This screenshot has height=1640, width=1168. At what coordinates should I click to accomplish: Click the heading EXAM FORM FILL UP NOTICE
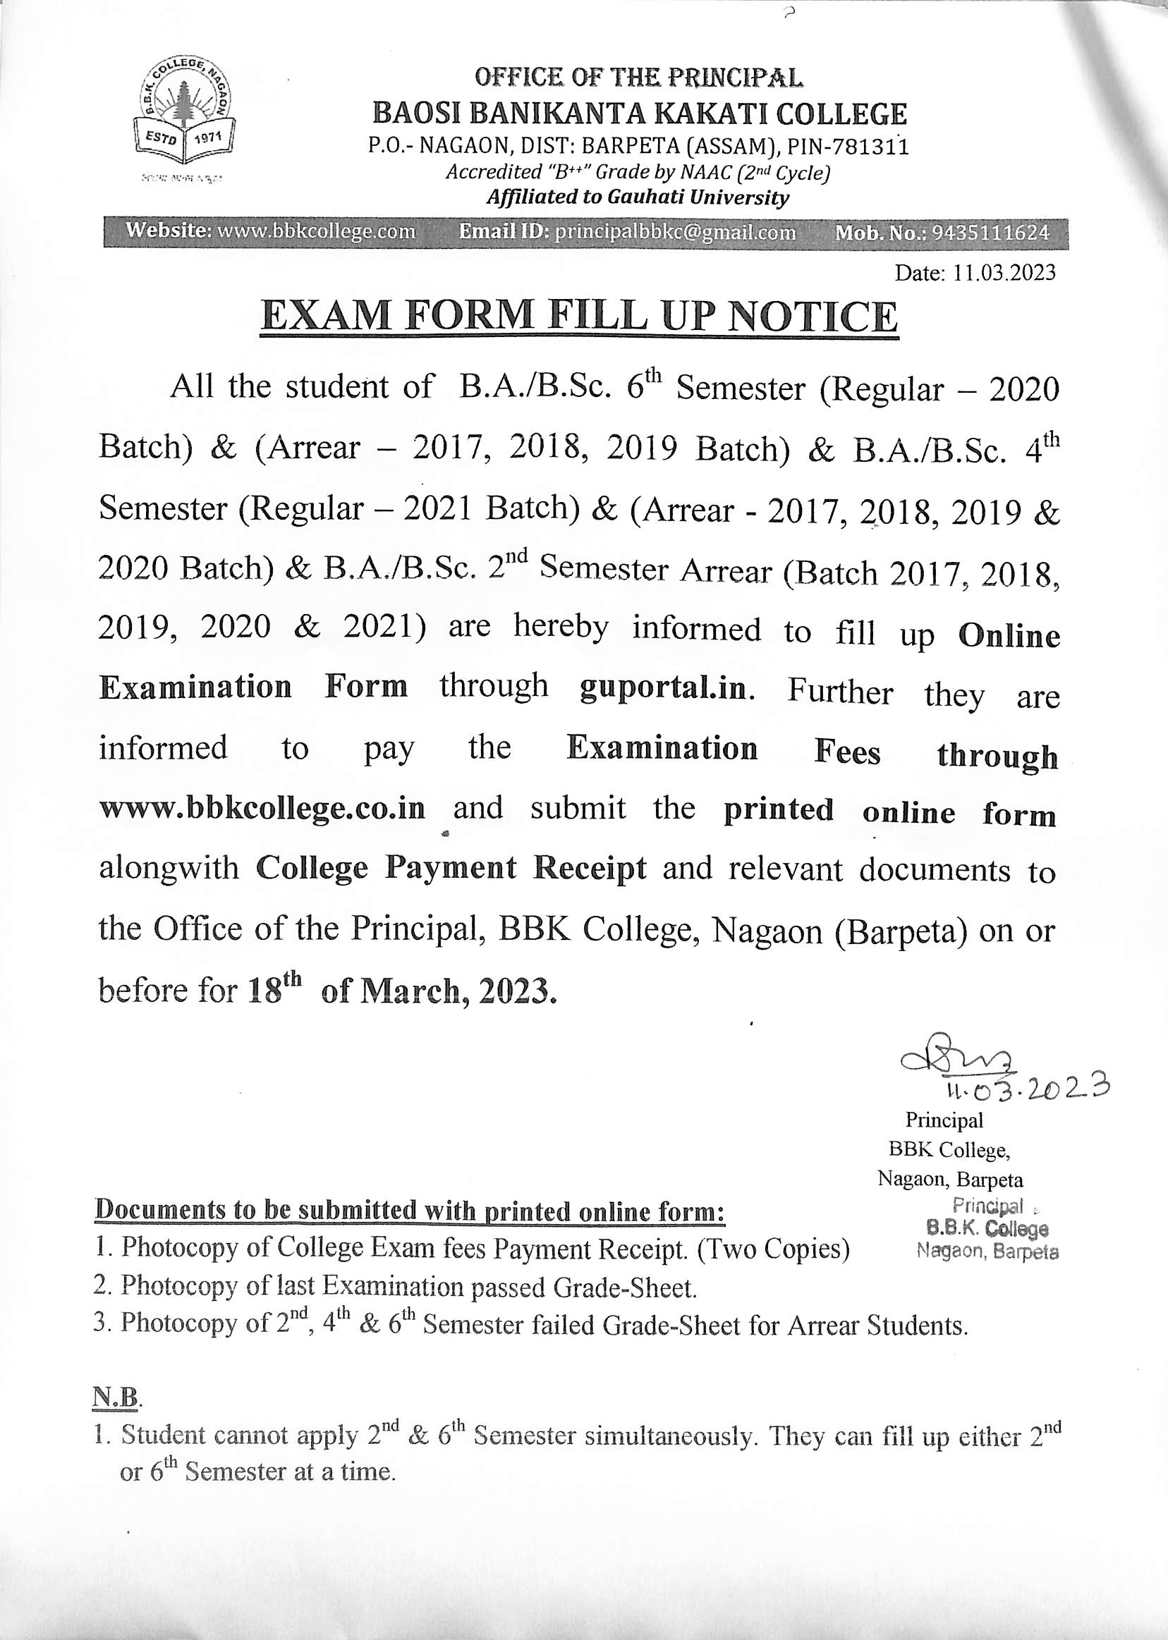pyautogui.click(x=579, y=317)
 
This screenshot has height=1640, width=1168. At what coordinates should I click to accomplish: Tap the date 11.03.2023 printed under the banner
pyautogui.click(x=975, y=273)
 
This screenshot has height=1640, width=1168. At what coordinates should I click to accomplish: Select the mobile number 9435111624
pyautogui.click(x=990, y=233)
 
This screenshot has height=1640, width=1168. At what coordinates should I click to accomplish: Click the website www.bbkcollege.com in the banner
pyautogui.click(x=316, y=231)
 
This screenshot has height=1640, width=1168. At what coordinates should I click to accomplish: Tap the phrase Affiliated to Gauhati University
pyautogui.click(x=637, y=197)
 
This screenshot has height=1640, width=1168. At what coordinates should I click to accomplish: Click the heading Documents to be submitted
pyautogui.click(x=409, y=1211)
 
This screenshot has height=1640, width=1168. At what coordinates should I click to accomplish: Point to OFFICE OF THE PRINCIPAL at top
pyautogui.click(x=638, y=77)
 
